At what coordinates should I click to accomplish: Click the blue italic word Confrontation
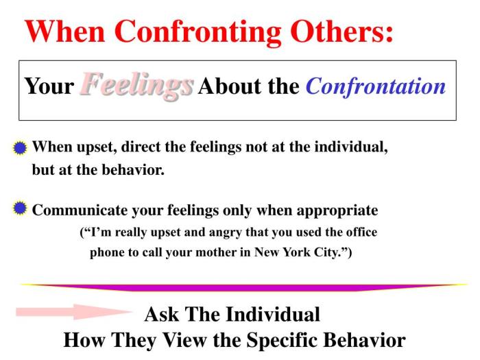click(x=375, y=87)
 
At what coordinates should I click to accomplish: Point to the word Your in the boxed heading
click(x=49, y=87)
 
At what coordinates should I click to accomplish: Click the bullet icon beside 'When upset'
click(x=21, y=147)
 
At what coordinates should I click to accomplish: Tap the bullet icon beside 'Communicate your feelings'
click(x=21, y=208)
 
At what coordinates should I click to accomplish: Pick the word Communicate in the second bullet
click(x=76, y=210)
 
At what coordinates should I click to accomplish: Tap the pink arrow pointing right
click(x=72, y=312)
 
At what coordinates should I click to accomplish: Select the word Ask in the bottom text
click(x=160, y=315)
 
